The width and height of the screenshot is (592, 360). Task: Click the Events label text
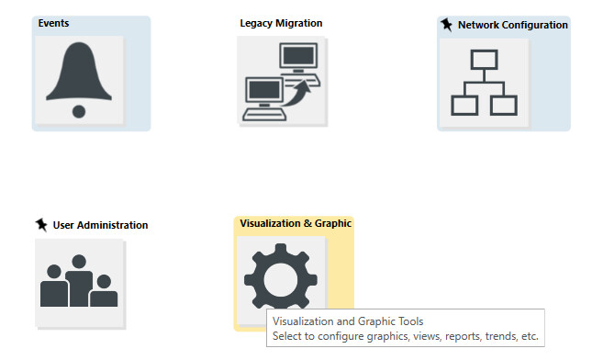pyautogui.click(x=53, y=23)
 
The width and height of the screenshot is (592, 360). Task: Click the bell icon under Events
pyautogui.click(x=79, y=80)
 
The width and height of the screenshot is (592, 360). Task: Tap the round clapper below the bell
pyautogui.click(x=79, y=111)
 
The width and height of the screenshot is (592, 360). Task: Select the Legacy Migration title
pyautogui.click(x=281, y=23)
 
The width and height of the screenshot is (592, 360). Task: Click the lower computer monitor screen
pyautogui.click(x=264, y=90)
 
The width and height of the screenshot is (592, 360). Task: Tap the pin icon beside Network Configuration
pyautogui.click(x=446, y=25)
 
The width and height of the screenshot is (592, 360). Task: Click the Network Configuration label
pyautogui.click(x=513, y=25)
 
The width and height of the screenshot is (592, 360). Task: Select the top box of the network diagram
pyautogui.click(x=484, y=60)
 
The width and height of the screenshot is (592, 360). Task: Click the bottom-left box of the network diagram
pyautogui.click(x=464, y=106)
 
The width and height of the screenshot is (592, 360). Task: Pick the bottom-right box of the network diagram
pyautogui.click(x=504, y=106)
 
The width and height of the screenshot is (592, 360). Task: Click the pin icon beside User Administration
pyautogui.click(x=41, y=225)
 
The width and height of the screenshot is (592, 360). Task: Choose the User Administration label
pyautogui.click(x=100, y=225)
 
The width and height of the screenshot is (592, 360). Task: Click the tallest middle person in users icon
pyautogui.click(x=79, y=281)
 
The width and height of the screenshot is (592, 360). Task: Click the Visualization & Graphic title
pyautogui.click(x=296, y=223)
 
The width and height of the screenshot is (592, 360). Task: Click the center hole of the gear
pyautogui.click(x=281, y=280)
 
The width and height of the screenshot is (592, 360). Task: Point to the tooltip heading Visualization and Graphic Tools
pyautogui.click(x=348, y=321)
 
